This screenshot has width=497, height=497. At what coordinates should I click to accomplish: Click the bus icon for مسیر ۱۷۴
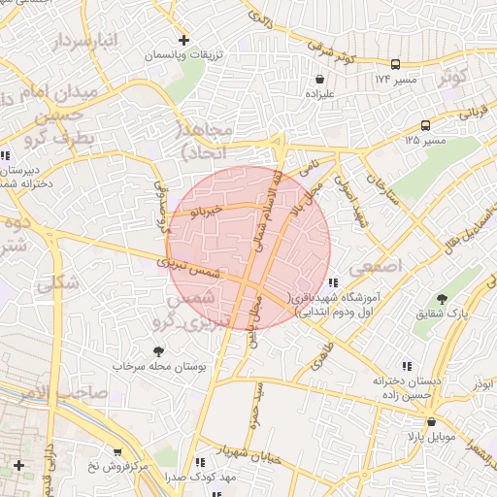[x=423, y=77]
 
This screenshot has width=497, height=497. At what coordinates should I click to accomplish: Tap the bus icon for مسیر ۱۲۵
[x=425, y=125]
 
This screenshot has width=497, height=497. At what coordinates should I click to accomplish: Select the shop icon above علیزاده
[x=319, y=78]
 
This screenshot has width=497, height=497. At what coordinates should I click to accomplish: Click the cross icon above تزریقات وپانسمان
[x=183, y=41]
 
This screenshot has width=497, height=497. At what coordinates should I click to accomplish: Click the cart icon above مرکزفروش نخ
[x=116, y=451]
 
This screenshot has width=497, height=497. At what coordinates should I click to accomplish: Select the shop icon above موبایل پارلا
[x=431, y=421]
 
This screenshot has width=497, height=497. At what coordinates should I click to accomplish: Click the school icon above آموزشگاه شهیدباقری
[x=333, y=282]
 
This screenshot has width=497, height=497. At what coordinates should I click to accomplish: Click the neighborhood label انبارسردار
[x=63, y=43]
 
